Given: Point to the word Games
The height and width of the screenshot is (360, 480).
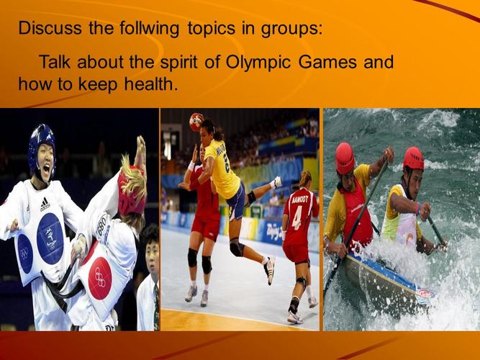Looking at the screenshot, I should tap(330, 62).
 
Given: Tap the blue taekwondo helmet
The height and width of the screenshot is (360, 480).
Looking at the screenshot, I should tap(42, 142).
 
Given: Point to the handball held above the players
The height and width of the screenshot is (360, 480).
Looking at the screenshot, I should tap(196, 122).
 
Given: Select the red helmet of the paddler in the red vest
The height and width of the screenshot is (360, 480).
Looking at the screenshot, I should tap(345, 158).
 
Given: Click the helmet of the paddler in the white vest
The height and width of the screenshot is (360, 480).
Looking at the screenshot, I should tap(414, 158).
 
